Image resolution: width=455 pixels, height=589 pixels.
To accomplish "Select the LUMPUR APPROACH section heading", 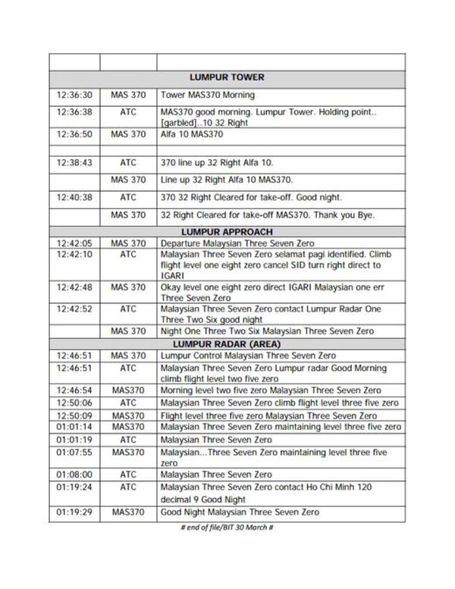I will click(227, 231).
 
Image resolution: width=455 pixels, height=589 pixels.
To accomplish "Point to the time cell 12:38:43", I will click(74, 162).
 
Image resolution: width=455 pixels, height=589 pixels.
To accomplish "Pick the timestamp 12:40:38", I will click(74, 197).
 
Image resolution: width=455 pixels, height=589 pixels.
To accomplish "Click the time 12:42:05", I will click(74, 243).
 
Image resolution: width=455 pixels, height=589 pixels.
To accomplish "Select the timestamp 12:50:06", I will click(74, 402).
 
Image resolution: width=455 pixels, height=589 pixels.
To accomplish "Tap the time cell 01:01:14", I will click(74, 428).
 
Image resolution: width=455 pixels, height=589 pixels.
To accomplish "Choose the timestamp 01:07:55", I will click(74, 452).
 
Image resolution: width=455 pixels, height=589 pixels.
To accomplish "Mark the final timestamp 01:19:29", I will click(74, 512).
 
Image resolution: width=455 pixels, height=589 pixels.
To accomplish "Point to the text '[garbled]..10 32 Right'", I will click(206, 122).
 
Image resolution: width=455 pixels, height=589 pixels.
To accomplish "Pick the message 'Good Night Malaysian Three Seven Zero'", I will click(240, 512).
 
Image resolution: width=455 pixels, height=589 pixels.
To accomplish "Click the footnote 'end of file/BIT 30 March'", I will click(227, 528).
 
